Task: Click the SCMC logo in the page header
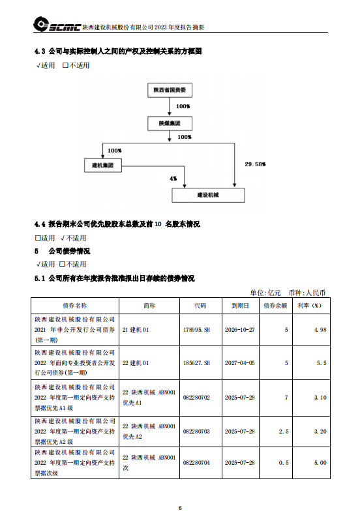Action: [57, 25]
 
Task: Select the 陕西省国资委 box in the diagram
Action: [170, 90]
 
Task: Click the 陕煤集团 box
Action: [170, 123]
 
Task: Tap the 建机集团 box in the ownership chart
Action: [103, 165]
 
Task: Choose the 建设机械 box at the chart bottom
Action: [208, 195]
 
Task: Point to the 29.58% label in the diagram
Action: [255, 164]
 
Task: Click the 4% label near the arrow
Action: [173, 179]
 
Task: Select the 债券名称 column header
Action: [75, 306]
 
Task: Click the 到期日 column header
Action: [241, 306]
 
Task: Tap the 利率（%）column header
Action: [309, 306]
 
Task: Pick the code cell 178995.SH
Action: [196, 330]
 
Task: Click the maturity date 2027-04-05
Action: [240, 363]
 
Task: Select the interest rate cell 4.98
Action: [320, 330]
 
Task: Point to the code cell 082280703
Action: [196, 432]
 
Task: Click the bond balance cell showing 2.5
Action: [284, 432]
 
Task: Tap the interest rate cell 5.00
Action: [320, 463]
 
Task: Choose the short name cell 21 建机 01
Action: [136, 330]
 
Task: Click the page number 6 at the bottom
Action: [180, 508]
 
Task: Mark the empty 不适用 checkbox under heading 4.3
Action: [65, 65]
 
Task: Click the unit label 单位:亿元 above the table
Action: [265, 293]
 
